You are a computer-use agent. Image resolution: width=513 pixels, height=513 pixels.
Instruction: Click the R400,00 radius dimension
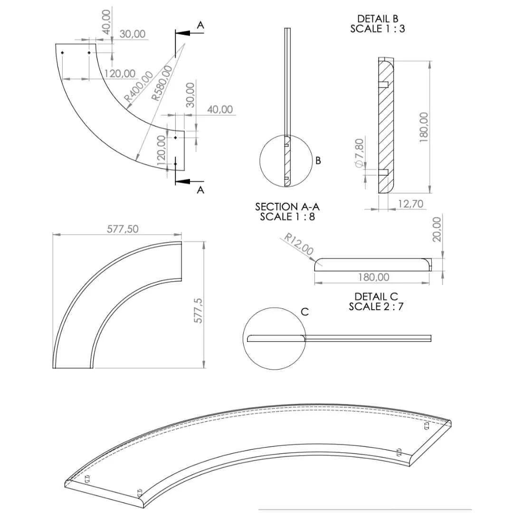139,85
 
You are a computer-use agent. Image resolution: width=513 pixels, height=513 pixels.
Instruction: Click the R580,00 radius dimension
161,83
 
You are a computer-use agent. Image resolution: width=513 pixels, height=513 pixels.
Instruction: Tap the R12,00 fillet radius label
299,244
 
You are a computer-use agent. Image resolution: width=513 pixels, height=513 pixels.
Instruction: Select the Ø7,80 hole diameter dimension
359,153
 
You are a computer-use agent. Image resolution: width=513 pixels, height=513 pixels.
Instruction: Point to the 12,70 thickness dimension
410,204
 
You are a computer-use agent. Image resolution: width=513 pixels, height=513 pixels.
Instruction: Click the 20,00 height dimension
437,229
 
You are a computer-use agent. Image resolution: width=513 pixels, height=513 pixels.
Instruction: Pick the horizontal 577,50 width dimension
123,228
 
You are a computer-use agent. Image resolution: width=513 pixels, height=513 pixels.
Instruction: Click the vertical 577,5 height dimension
199,311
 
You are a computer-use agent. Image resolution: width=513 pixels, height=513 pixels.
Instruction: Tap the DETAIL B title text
378,19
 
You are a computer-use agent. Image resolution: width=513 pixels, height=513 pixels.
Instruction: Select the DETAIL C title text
376,296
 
